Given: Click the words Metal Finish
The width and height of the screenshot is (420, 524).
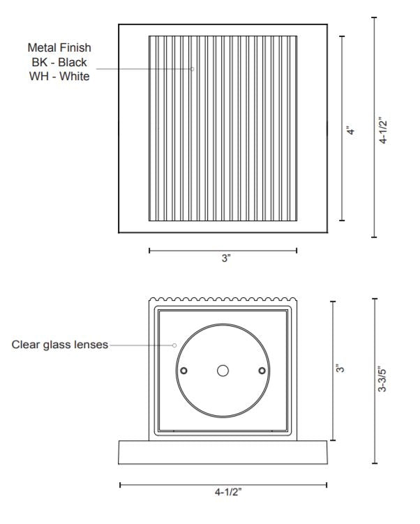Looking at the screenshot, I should [59, 47].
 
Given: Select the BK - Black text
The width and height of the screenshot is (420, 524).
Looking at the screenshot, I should [59, 62].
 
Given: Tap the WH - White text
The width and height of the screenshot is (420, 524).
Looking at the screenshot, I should [59, 77].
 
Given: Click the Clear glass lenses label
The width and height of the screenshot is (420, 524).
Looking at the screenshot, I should [60, 345].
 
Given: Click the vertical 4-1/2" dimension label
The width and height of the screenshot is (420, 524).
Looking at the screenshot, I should [384, 130].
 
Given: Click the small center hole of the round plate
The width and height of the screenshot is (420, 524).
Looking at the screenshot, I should [223, 370].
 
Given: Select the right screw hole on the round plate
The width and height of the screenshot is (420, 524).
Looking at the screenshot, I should [262, 370].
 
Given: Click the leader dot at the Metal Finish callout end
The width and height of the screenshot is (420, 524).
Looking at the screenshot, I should [193, 68].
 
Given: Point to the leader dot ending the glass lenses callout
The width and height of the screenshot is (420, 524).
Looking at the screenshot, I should [174, 345].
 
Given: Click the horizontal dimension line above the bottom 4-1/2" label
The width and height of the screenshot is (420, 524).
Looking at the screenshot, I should [223, 484].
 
